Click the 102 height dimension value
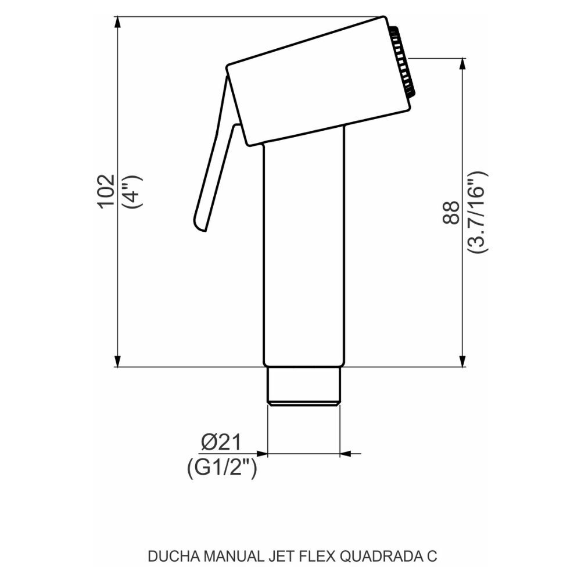click(x=106, y=191)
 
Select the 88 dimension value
click(x=450, y=212)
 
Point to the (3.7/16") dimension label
click(x=478, y=212)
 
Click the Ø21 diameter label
click(x=221, y=443)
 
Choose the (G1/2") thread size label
click(x=222, y=468)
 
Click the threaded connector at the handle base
click(x=303, y=386)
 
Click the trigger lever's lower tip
click(x=200, y=224)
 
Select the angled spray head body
click(x=317, y=81)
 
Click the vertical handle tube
click(x=304, y=250)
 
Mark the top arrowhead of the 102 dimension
click(x=118, y=22)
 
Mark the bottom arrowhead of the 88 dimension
click(x=463, y=361)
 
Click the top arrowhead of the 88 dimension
click(x=463, y=64)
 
